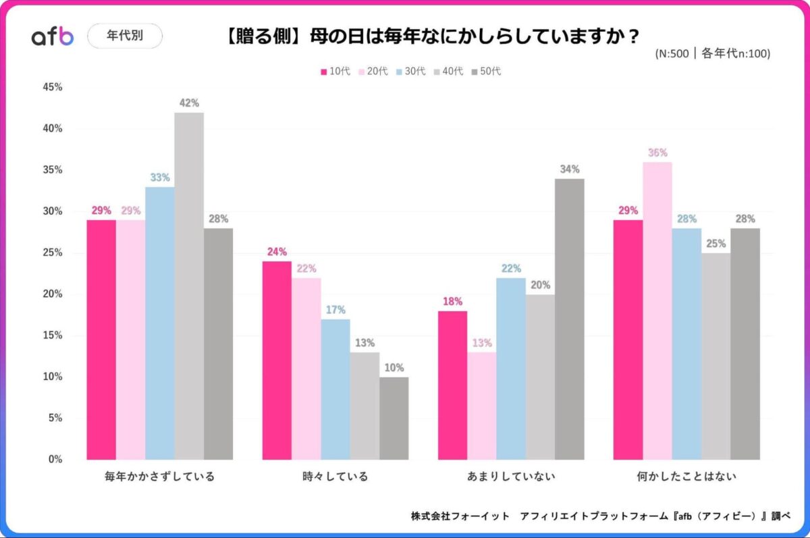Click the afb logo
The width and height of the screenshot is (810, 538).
[53, 36]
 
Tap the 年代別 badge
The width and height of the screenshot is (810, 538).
[125, 36]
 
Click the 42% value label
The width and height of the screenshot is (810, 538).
[189, 103]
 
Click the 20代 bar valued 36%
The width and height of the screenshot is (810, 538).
[657, 311]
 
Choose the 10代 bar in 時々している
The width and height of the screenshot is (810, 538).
[277, 360]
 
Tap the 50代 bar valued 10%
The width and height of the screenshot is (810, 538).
[394, 419]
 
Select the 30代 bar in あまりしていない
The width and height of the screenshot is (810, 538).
[511, 369]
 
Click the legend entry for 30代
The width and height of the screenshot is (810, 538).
[411, 71]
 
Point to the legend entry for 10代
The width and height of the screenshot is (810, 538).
[335, 71]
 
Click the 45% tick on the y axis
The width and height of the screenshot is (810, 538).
[52, 87]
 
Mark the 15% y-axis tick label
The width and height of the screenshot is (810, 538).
[52, 335]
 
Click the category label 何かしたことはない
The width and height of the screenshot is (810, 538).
[686, 477]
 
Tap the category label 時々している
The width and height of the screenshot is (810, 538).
[335, 477]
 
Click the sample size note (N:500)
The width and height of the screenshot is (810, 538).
[712, 54]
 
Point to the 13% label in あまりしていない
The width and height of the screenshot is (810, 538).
[482, 343]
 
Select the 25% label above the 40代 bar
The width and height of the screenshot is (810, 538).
[715, 243]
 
